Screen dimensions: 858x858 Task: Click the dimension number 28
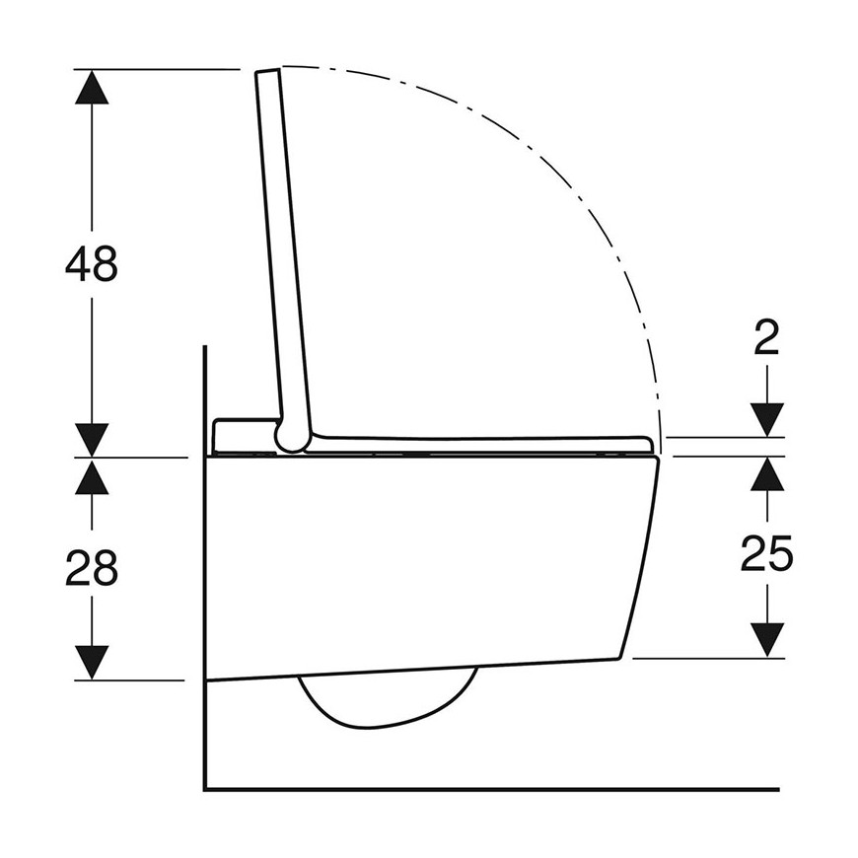(92, 568)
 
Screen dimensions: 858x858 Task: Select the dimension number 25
(766, 553)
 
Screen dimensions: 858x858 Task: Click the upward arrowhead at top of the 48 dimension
(92, 87)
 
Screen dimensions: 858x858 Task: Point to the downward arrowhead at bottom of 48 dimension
(92, 440)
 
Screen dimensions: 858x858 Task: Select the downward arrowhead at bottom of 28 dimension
(92, 662)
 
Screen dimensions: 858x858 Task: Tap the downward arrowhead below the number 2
(766, 420)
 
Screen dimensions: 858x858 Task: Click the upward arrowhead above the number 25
(766, 473)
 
